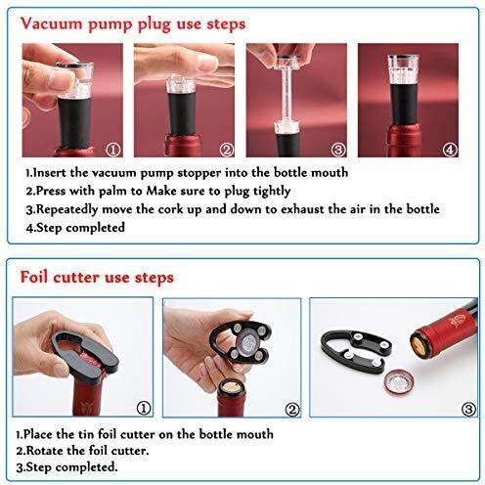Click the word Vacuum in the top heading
click(52, 24)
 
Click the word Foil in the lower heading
click(34, 278)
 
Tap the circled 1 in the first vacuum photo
click(113, 150)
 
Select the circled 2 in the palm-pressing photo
click(227, 150)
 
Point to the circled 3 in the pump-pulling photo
click(338, 150)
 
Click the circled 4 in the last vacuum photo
click(450, 150)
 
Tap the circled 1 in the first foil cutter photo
click(144, 409)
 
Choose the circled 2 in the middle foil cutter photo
click(292, 410)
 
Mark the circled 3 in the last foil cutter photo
click(469, 409)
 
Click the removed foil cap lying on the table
click(399, 382)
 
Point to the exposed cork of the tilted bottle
click(419, 346)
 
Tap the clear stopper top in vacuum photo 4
click(403, 68)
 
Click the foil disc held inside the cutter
click(247, 342)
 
